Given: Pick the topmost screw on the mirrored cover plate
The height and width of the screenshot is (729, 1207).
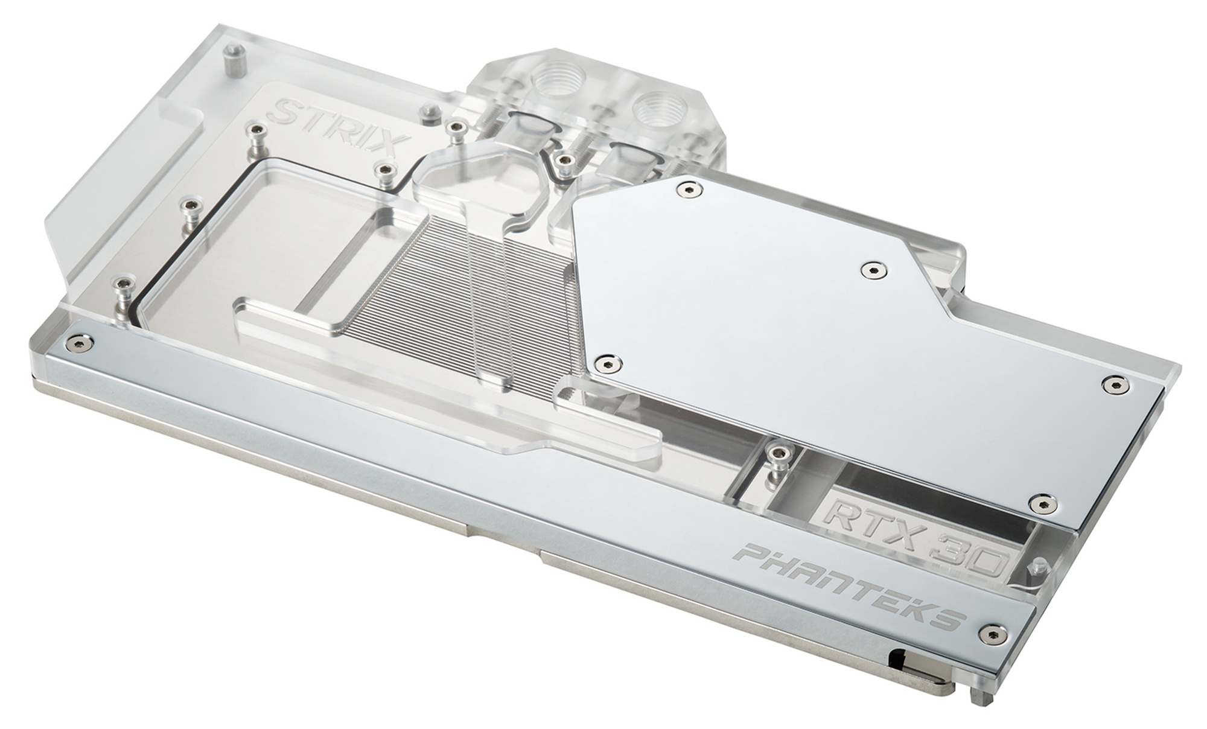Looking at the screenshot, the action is [689, 189].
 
